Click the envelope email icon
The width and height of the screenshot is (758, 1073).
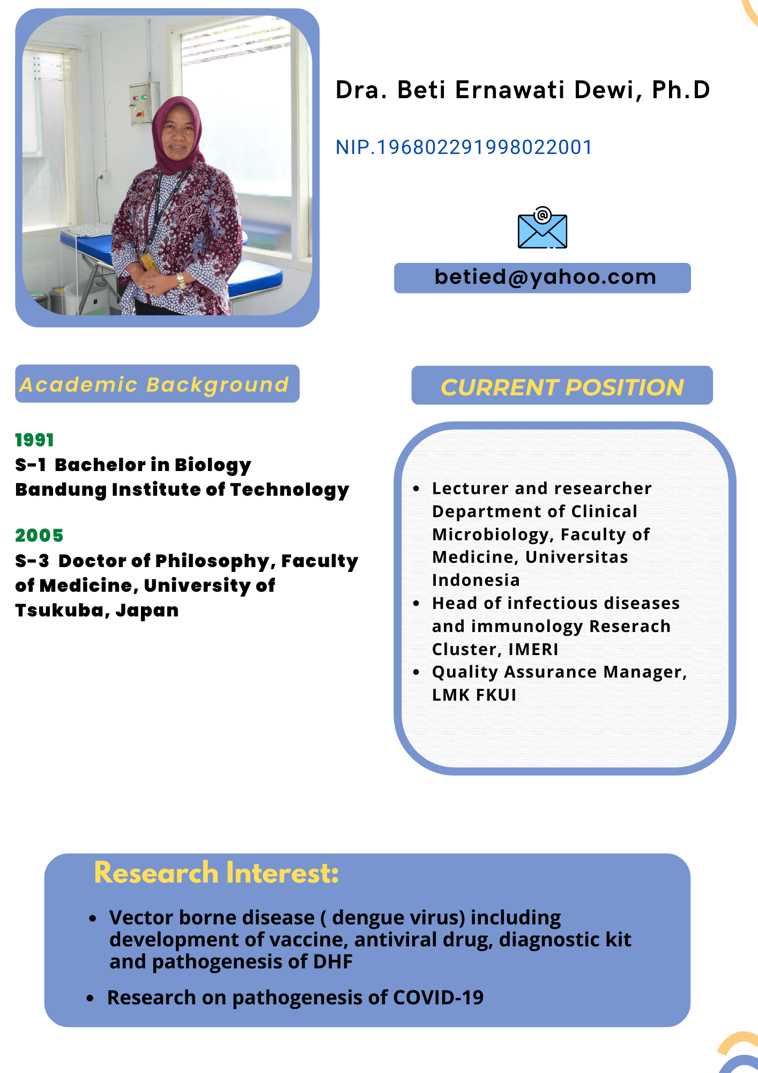pos(542,227)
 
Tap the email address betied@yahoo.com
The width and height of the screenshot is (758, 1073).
pos(545,277)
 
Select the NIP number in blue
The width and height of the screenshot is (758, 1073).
pos(464,147)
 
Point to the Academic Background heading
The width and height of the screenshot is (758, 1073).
pos(154,385)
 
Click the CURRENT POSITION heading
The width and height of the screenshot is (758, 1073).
pos(562,387)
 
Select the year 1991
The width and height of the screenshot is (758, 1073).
pos(34,440)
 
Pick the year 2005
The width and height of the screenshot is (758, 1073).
pos(39,535)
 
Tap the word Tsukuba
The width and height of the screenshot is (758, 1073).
pos(60,611)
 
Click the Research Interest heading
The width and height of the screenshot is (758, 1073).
pos(216,873)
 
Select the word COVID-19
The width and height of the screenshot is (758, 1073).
pos(438,997)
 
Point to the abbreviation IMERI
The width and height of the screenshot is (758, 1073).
pos(533,649)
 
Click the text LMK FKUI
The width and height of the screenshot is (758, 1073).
pos(474,695)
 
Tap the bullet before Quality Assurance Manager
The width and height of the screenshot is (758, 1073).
pos(416,672)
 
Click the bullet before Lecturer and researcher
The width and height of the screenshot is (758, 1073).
pos(416,489)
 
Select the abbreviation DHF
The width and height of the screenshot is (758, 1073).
pos(333,961)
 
